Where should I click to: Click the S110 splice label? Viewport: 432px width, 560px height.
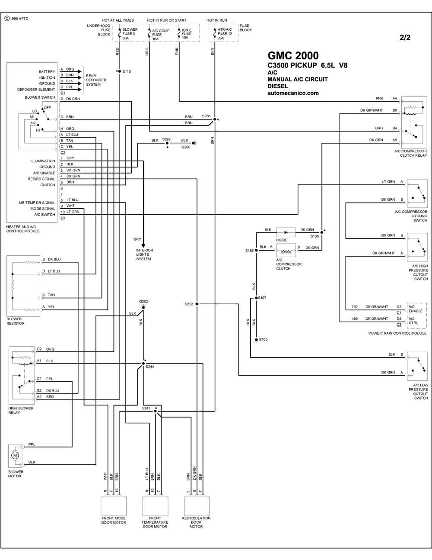click(127, 71)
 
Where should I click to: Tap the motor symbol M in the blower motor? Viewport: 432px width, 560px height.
click(15, 455)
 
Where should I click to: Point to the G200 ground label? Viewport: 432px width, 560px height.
click(186, 147)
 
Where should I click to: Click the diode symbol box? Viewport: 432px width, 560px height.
click(286, 232)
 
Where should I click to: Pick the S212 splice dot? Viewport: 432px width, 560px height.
click(197, 304)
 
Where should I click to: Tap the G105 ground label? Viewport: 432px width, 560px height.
click(263, 339)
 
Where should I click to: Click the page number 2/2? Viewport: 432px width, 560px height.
click(405, 38)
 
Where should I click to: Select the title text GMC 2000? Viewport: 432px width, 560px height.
click(293, 55)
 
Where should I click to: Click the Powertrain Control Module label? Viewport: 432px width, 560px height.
click(397, 333)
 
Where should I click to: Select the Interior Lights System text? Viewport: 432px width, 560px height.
click(145, 254)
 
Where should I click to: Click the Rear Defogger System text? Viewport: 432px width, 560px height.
click(96, 80)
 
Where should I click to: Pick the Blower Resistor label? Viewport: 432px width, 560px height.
click(16, 321)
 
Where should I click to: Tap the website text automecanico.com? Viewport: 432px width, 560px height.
click(293, 93)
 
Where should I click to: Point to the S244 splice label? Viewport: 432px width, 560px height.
click(149, 367)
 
